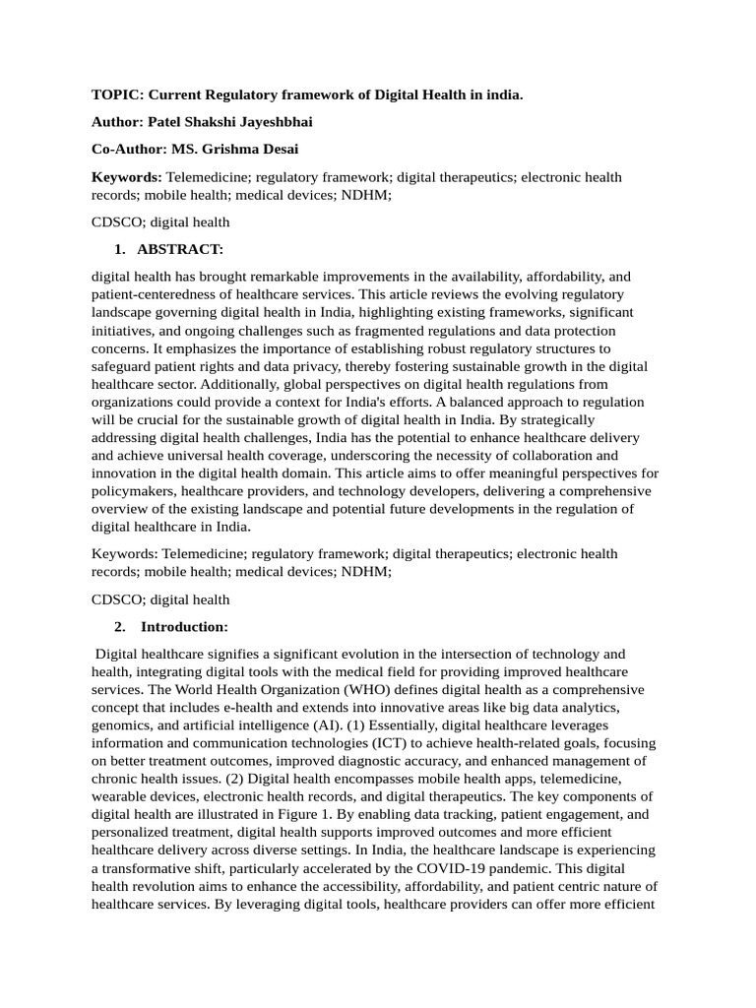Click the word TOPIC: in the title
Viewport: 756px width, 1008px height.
pyautogui.click(x=115, y=95)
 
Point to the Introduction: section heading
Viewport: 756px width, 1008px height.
pyautogui.click(x=185, y=626)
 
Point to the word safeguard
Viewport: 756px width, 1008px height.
pyautogui.click(x=124, y=366)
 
